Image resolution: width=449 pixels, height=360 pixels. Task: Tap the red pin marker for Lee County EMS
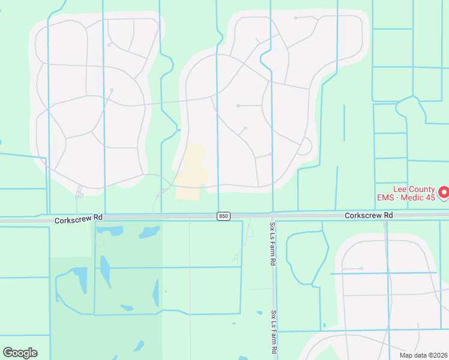click(444, 192)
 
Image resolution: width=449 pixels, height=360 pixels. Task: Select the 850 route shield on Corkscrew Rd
click(223, 215)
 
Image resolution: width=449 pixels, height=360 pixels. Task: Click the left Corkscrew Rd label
click(79, 220)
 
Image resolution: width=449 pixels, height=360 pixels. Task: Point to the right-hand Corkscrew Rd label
click(369, 215)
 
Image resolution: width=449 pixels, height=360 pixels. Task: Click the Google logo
click(20, 353)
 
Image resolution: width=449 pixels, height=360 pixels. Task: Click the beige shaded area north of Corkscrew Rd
click(190, 171)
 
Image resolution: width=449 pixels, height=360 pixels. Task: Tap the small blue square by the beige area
click(179, 129)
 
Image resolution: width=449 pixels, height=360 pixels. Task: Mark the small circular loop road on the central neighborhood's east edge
click(305, 146)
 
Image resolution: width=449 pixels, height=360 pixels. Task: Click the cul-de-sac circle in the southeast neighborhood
click(361, 268)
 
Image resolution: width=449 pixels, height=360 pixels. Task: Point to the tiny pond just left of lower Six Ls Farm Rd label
click(259, 313)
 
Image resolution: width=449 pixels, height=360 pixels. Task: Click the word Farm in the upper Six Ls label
click(272, 244)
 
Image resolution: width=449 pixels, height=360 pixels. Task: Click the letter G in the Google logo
click(8, 353)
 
